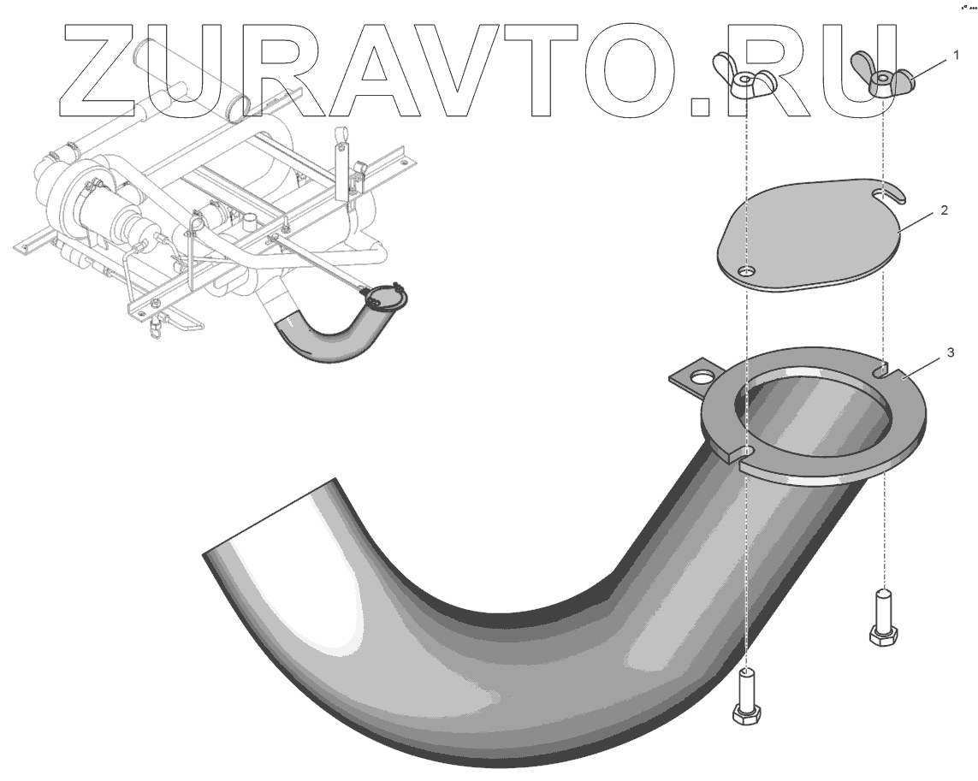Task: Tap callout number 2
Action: coord(944,210)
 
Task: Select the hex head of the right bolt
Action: coord(881,636)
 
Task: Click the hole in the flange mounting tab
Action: coord(702,376)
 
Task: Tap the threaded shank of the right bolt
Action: coord(881,608)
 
